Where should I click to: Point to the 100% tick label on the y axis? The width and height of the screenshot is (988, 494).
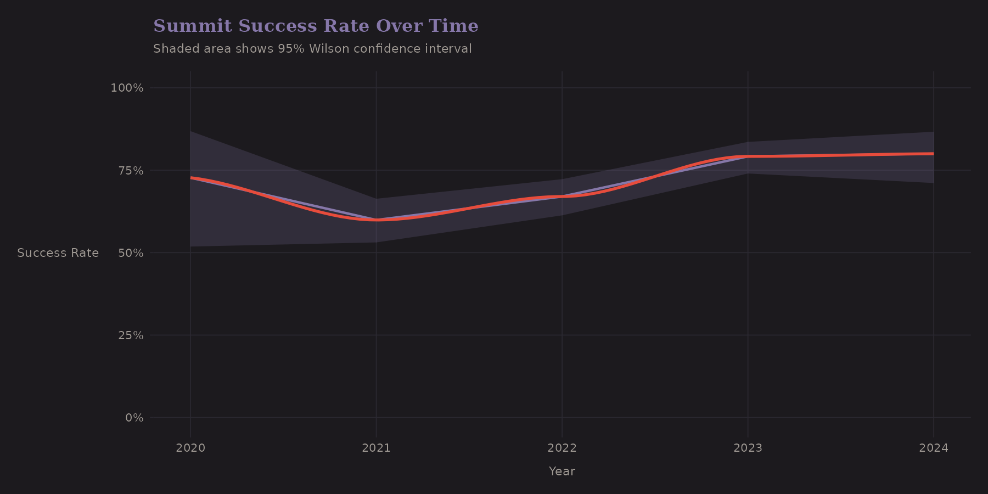point(127,88)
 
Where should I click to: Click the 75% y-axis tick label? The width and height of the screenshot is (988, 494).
point(131,171)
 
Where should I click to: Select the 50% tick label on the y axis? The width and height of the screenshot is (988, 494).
point(131,253)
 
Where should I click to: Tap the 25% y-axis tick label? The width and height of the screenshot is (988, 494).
point(131,335)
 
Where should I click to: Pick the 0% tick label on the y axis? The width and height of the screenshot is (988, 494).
point(134,418)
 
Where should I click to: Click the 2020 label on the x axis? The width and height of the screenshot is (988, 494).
point(190,448)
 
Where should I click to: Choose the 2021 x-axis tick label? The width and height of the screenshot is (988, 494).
point(376,448)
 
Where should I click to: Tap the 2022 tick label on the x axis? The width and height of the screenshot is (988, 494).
point(562,448)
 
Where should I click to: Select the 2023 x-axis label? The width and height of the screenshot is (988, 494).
point(748,448)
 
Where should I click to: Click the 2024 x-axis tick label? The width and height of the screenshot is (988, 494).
point(934,448)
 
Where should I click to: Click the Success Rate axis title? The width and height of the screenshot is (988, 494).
point(58,253)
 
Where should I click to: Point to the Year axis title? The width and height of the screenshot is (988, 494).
point(562,471)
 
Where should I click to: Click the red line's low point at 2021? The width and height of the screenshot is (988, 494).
point(376,220)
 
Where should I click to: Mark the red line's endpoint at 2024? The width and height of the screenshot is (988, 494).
point(933,154)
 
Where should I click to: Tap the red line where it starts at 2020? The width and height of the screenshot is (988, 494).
point(191,178)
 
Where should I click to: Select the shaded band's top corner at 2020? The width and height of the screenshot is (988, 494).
point(191,131)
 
